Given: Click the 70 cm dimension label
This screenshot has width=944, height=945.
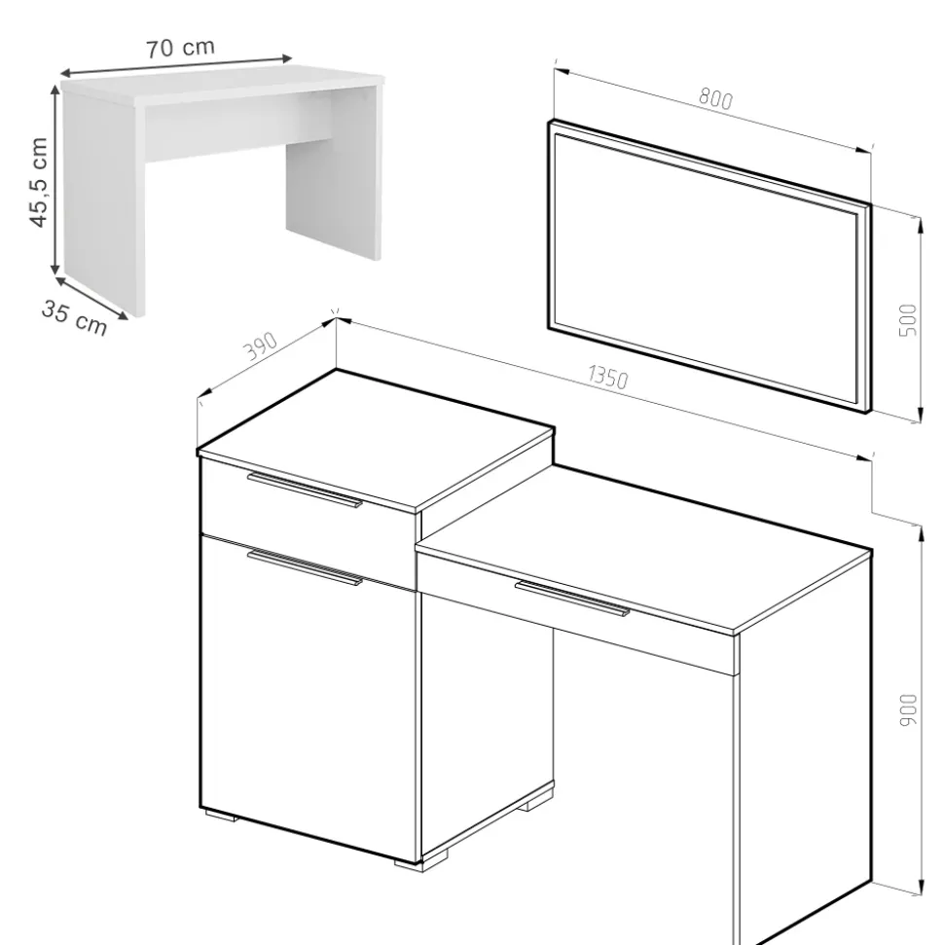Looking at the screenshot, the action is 180,48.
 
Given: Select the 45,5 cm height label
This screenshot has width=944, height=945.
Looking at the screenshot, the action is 38,183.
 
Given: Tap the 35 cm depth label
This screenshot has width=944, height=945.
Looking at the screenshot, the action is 74,317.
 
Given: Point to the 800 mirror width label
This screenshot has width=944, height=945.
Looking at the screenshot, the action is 715,99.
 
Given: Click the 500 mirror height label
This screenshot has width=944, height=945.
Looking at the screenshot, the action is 907,320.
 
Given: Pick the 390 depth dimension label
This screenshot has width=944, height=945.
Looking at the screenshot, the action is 261,345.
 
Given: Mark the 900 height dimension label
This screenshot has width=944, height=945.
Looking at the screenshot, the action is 908,709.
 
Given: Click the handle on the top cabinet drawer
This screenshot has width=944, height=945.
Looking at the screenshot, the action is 305,490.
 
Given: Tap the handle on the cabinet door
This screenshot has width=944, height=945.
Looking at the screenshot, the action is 305,567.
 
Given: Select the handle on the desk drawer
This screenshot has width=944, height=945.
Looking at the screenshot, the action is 572,599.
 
